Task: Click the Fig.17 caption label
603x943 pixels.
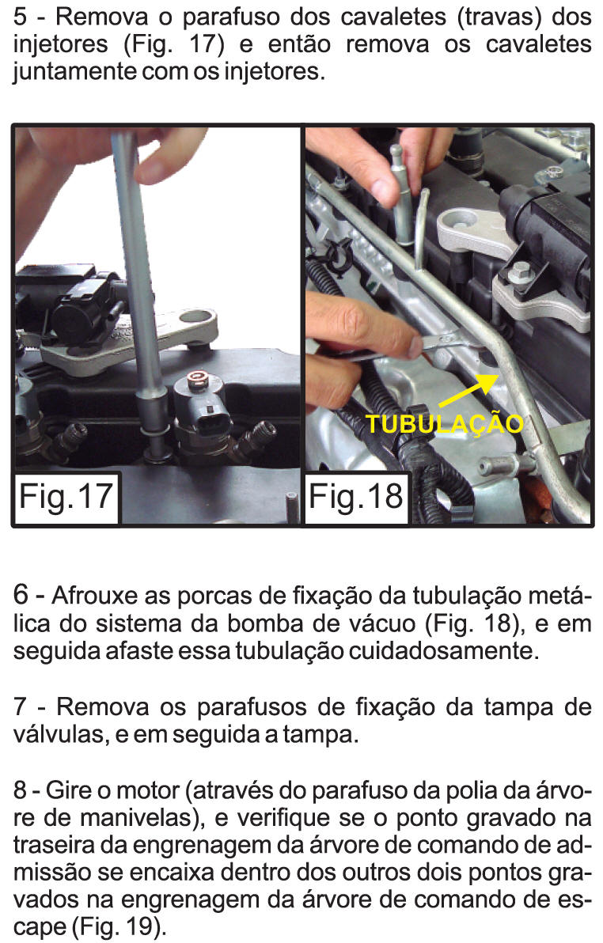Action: [66, 497]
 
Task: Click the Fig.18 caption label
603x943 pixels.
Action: [355, 497]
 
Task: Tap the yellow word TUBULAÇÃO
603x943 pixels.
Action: [445, 424]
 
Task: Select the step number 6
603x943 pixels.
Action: [21, 595]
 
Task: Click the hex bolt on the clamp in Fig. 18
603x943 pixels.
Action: [518, 272]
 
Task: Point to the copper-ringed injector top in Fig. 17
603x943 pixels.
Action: [197, 381]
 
